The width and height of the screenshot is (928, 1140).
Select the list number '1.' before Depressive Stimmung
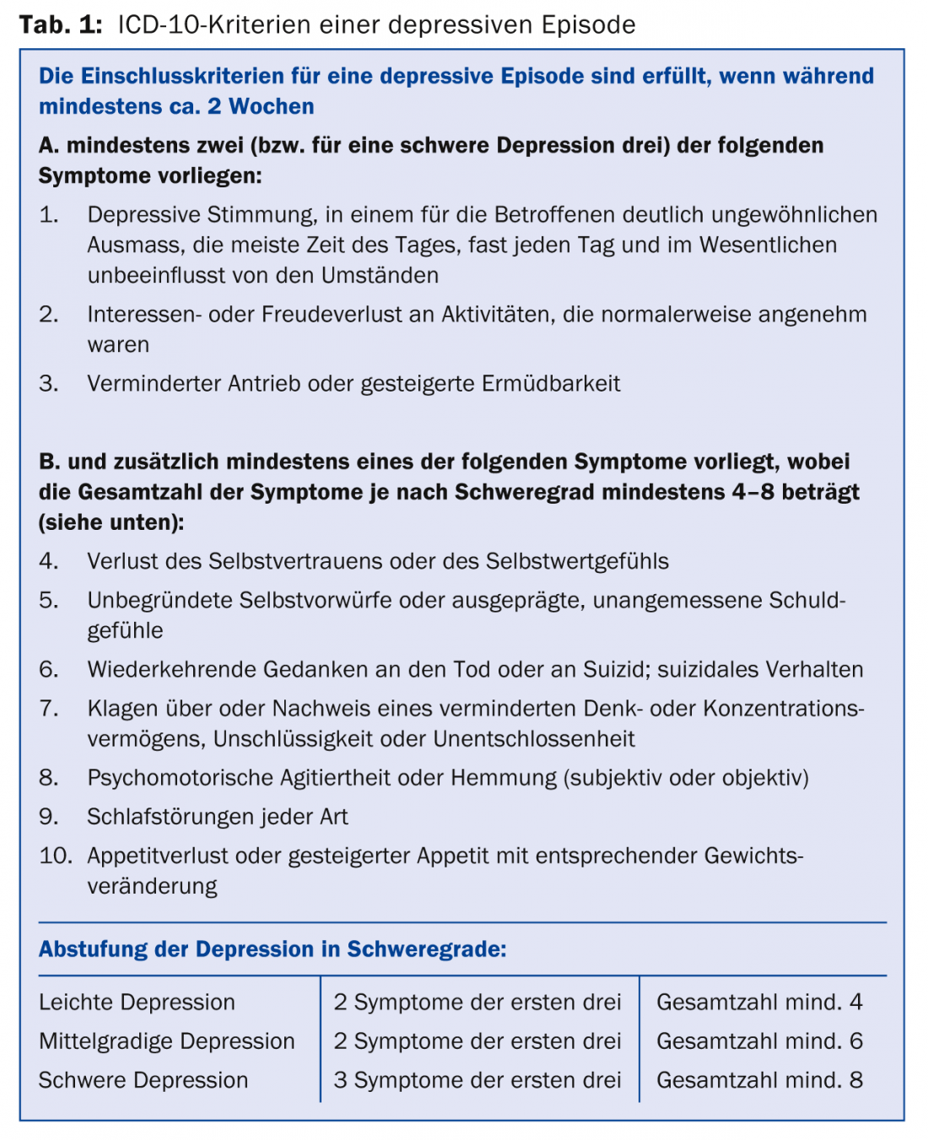pyautogui.click(x=49, y=215)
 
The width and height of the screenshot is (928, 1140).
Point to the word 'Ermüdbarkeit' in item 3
pyautogui.click(x=551, y=384)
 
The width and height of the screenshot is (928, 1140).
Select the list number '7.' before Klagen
pyautogui.click(x=49, y=709)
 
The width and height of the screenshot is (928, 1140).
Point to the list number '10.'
pyautogui.click(x=56, y=856)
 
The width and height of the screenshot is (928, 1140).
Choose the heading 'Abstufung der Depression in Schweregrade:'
pyautogui.click(x=272, y=949)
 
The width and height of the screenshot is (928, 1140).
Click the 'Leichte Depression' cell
pyautogui.click(x=137, y=1002)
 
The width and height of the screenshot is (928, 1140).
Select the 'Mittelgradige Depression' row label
pyautogui.click(x=167, y=1041)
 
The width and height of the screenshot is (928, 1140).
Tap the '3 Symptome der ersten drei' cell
pyautogui.click(x=477, y=1080)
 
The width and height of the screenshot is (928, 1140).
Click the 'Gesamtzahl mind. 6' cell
pyautogui.click(x=759, y=1041)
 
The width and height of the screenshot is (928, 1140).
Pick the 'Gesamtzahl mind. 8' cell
pyautogui.click(x=759, y=1080)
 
